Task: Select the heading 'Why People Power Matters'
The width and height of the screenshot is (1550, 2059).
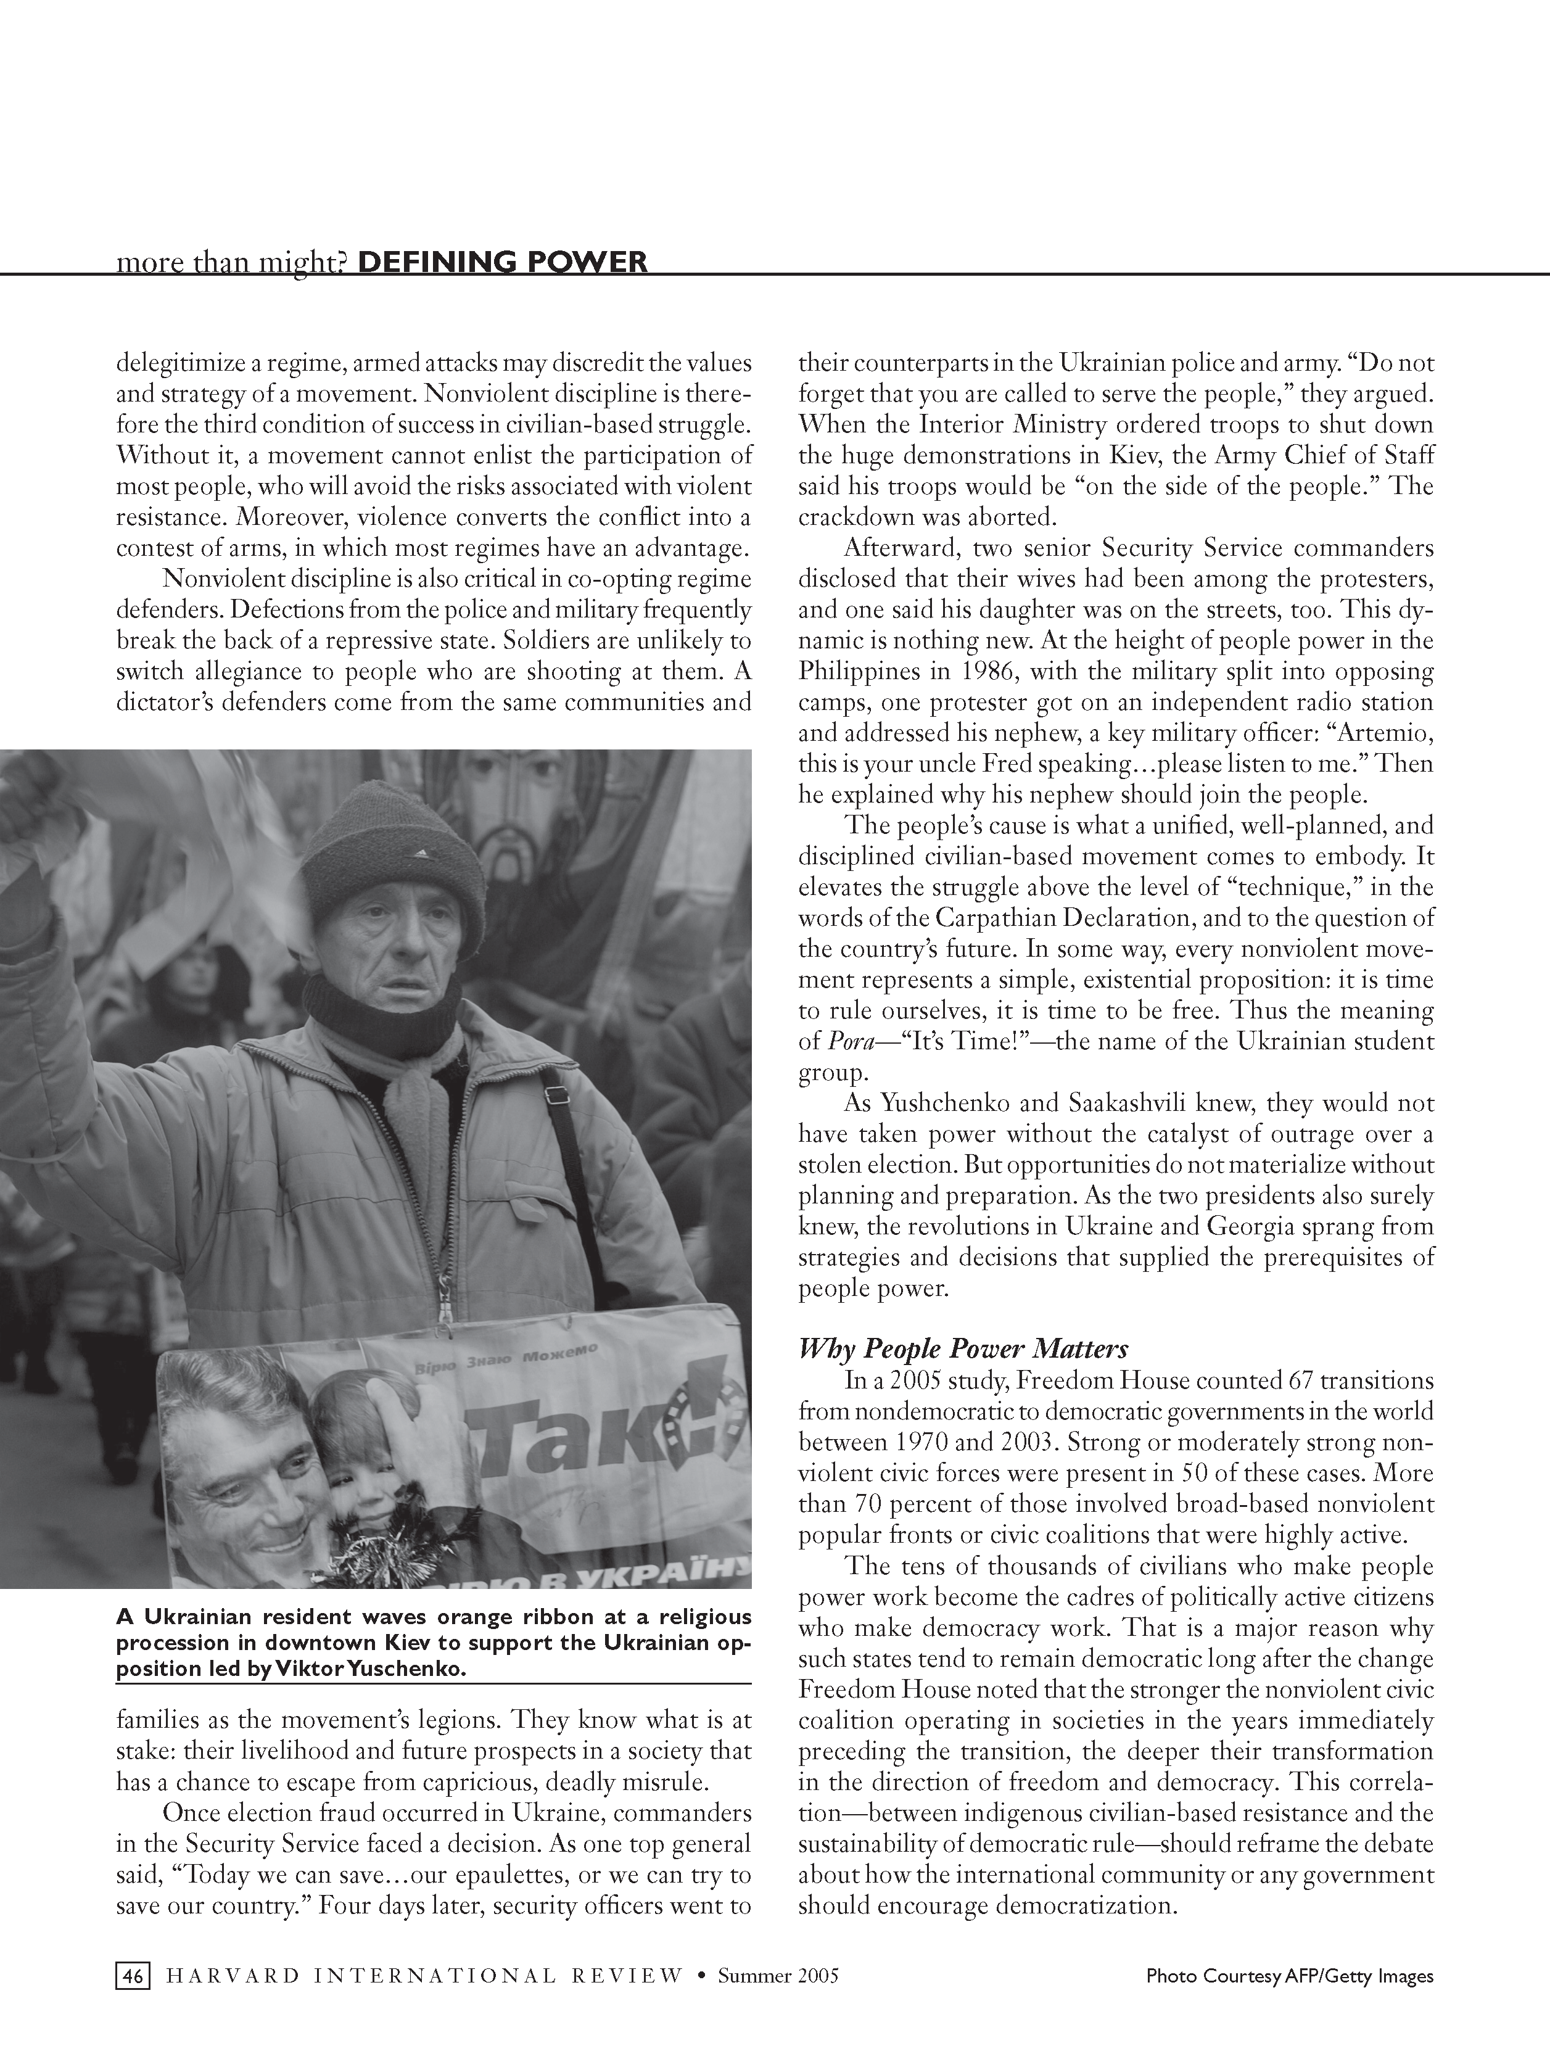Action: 963,1349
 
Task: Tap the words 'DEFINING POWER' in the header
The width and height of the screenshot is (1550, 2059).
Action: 502,262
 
